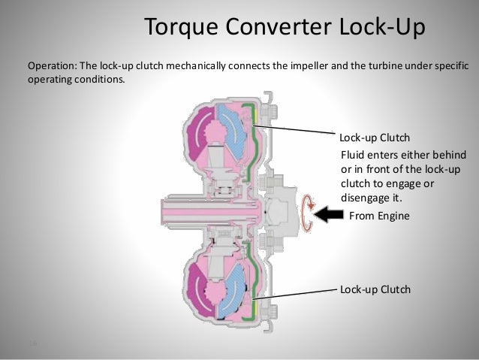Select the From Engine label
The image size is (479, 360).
[x=380, y=216]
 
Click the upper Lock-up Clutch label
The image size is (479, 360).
[x=375, y=138]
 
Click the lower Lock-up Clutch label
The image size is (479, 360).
[x=375, y=289]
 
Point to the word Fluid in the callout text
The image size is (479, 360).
[x=353, y=154]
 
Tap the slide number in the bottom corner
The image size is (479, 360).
[x=32, y=343]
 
